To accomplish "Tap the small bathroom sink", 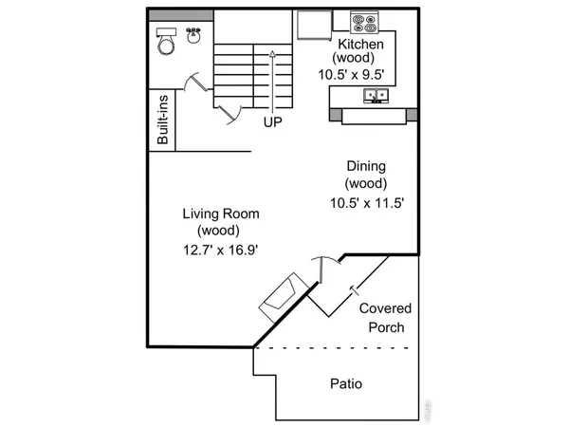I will coord(194,34).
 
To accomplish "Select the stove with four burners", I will coord(363,23).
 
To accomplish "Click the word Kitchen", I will coord(360,45).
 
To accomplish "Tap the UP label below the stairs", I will coord(273,121).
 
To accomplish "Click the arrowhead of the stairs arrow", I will coord(273,54).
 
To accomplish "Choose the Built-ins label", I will coord(162,120).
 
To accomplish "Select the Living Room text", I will coord(220,213).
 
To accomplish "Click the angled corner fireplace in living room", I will coord(282,297).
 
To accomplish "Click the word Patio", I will coord(345,384).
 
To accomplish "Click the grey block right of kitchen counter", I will coord(412,115).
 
